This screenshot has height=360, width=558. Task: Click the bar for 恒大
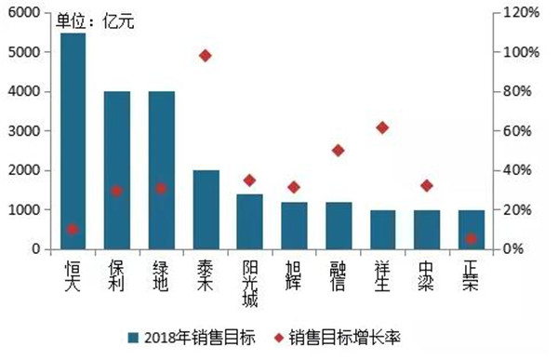pos(73,140)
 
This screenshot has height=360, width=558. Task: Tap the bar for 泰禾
pos(206,209)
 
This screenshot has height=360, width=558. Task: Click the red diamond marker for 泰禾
pos(206,56)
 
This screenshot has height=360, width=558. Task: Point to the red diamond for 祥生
pos(382,127)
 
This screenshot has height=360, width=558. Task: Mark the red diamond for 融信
pos(338,150)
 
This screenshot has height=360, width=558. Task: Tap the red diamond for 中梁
pos(427,186)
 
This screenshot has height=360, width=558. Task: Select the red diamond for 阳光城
pos(249,180)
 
